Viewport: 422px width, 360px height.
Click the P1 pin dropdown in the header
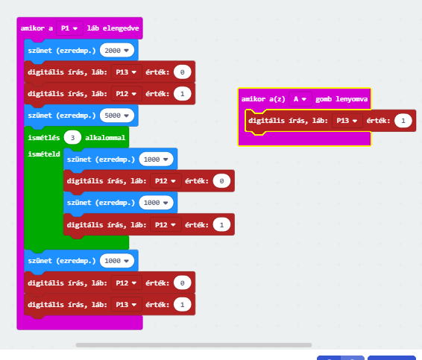click(69, 28)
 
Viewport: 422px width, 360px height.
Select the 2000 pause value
click(117, 51)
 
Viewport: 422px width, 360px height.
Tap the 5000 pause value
click(117, 116)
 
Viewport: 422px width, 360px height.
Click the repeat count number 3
click(72, 138)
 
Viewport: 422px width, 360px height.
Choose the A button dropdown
click(300, 99)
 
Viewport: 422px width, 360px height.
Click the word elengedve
click(121, 28)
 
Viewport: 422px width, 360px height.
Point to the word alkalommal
click(105, 138)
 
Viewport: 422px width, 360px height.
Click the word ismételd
click(44, 154)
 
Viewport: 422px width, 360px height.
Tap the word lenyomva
click(351, 99)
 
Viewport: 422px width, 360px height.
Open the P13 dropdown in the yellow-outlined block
click(347, 121)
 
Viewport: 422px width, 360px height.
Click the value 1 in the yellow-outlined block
click(403, 121)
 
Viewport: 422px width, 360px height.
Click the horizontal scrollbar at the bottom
click(194, 345)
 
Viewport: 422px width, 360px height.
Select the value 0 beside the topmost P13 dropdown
click(182, 72)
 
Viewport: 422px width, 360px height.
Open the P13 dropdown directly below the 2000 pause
click(126, 72)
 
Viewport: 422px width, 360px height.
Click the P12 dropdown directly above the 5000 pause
click(126, 94)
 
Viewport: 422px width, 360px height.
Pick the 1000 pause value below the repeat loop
click(117, 261)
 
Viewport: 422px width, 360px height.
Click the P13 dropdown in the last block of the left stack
click(126, 305)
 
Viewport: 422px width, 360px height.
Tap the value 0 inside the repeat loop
click(221, 181)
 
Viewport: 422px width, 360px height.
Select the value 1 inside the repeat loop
click(221, 224)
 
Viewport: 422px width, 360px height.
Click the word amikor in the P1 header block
click(33, 28)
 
